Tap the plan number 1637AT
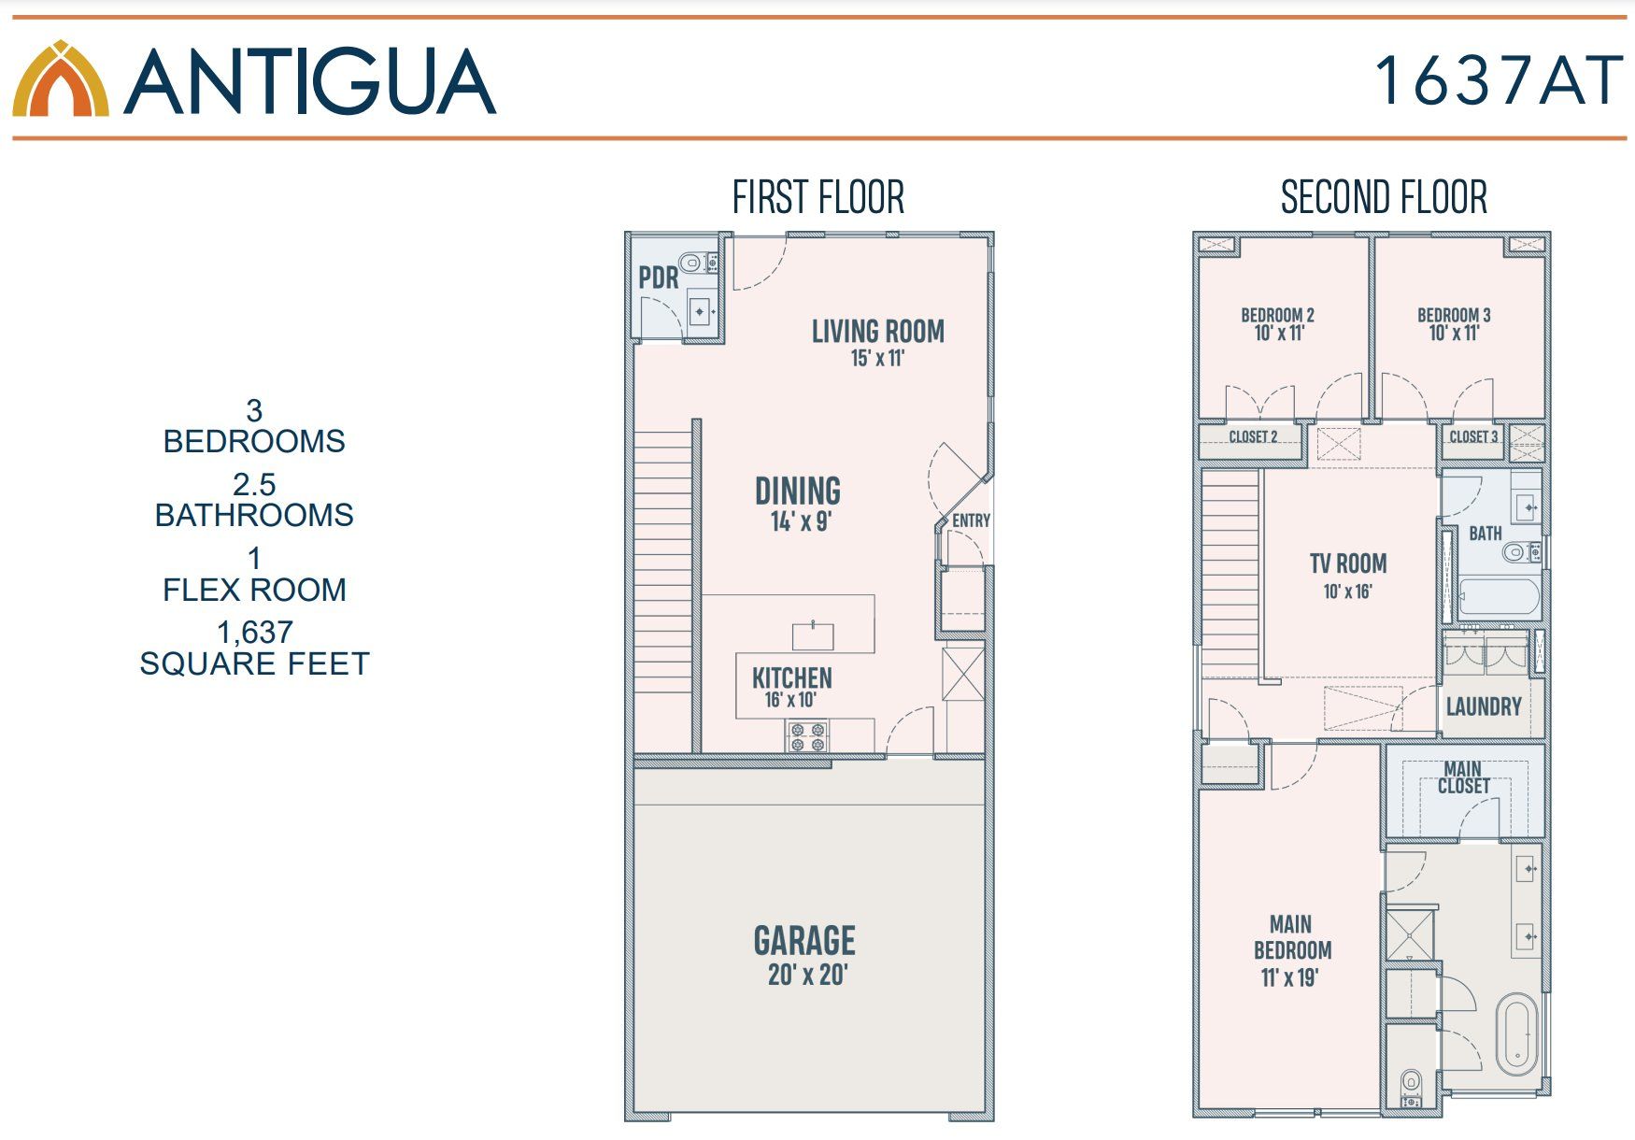[x=1498, y=80]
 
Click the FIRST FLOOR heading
[x=818, y=198]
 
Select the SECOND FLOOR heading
[x=1384, y=198]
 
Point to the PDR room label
[x=659, y=278]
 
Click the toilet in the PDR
[x=691, y=263]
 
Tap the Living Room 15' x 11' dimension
[x=877, y=358]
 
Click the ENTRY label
[x=971, y=520]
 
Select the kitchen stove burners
[x=807, y=737]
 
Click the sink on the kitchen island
[x=813, y=635]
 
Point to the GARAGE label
[x=804, y=941]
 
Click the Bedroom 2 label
[x=1277, y=315]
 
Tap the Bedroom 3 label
[x=1454, y=315]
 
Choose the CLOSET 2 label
[x=1253, y=437]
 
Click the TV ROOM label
[x=1347, y=563]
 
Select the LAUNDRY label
[x=1484, y=706]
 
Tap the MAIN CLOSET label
[x=1463, y=777]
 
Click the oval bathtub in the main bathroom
[x=1516, y=1034]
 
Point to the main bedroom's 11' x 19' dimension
[x=1289, y=978]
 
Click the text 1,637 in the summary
[x=254, y=633]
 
